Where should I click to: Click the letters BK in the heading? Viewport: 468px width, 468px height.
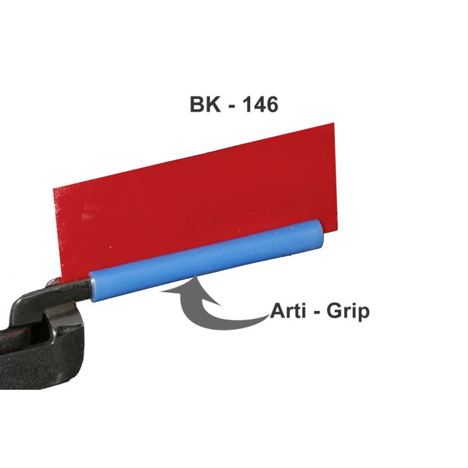pos(205,104)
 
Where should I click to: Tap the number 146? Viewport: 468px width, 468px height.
pos(259,104)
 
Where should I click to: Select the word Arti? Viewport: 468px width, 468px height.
pos(288,311)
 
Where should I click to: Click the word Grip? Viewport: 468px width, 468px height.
pos(348,312)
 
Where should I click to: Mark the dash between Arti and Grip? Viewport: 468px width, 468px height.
pos(317,313)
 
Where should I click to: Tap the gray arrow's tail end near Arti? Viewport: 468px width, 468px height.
pos(267,316)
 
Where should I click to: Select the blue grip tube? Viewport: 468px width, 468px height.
pos(207,261)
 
